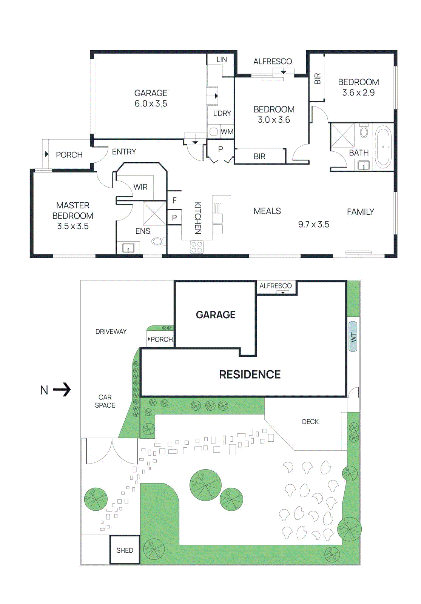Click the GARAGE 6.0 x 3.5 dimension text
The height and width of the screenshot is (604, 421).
(x=151, y=104)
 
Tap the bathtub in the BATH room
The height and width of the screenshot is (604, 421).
(x=383, y=146)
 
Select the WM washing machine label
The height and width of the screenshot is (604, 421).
(x=227, y=132)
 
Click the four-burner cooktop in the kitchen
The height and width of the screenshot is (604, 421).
(x=197, y=247)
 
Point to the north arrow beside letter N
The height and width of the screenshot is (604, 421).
(x=62, y=390)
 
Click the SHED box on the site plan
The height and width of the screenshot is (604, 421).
(x=125, y=550)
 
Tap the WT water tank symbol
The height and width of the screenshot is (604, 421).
(x=353, y=337)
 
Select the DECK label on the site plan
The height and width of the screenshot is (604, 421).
(x=310, y=422)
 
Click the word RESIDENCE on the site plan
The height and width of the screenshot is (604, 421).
(x=250, y=374)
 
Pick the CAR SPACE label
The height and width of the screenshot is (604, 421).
(x=105, y=401)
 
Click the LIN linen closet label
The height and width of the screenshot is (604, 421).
(x=222, y=60)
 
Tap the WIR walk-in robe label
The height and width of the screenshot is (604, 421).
(x=140, y=187)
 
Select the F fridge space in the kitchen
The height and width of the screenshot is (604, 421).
(x=174, y=200)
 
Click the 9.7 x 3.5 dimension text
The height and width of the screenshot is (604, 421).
(x=313, y=225)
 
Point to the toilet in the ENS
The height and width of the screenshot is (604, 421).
(x=157, y=241)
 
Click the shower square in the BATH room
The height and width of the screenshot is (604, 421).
(x=342, y=135)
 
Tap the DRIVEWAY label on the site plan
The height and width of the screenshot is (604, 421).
(x=111, y=331)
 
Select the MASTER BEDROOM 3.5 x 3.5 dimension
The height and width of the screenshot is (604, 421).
(x=72, y=226)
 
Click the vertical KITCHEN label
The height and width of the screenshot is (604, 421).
(x=197, y=218)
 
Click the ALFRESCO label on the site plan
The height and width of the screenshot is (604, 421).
(x=275, y=286)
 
